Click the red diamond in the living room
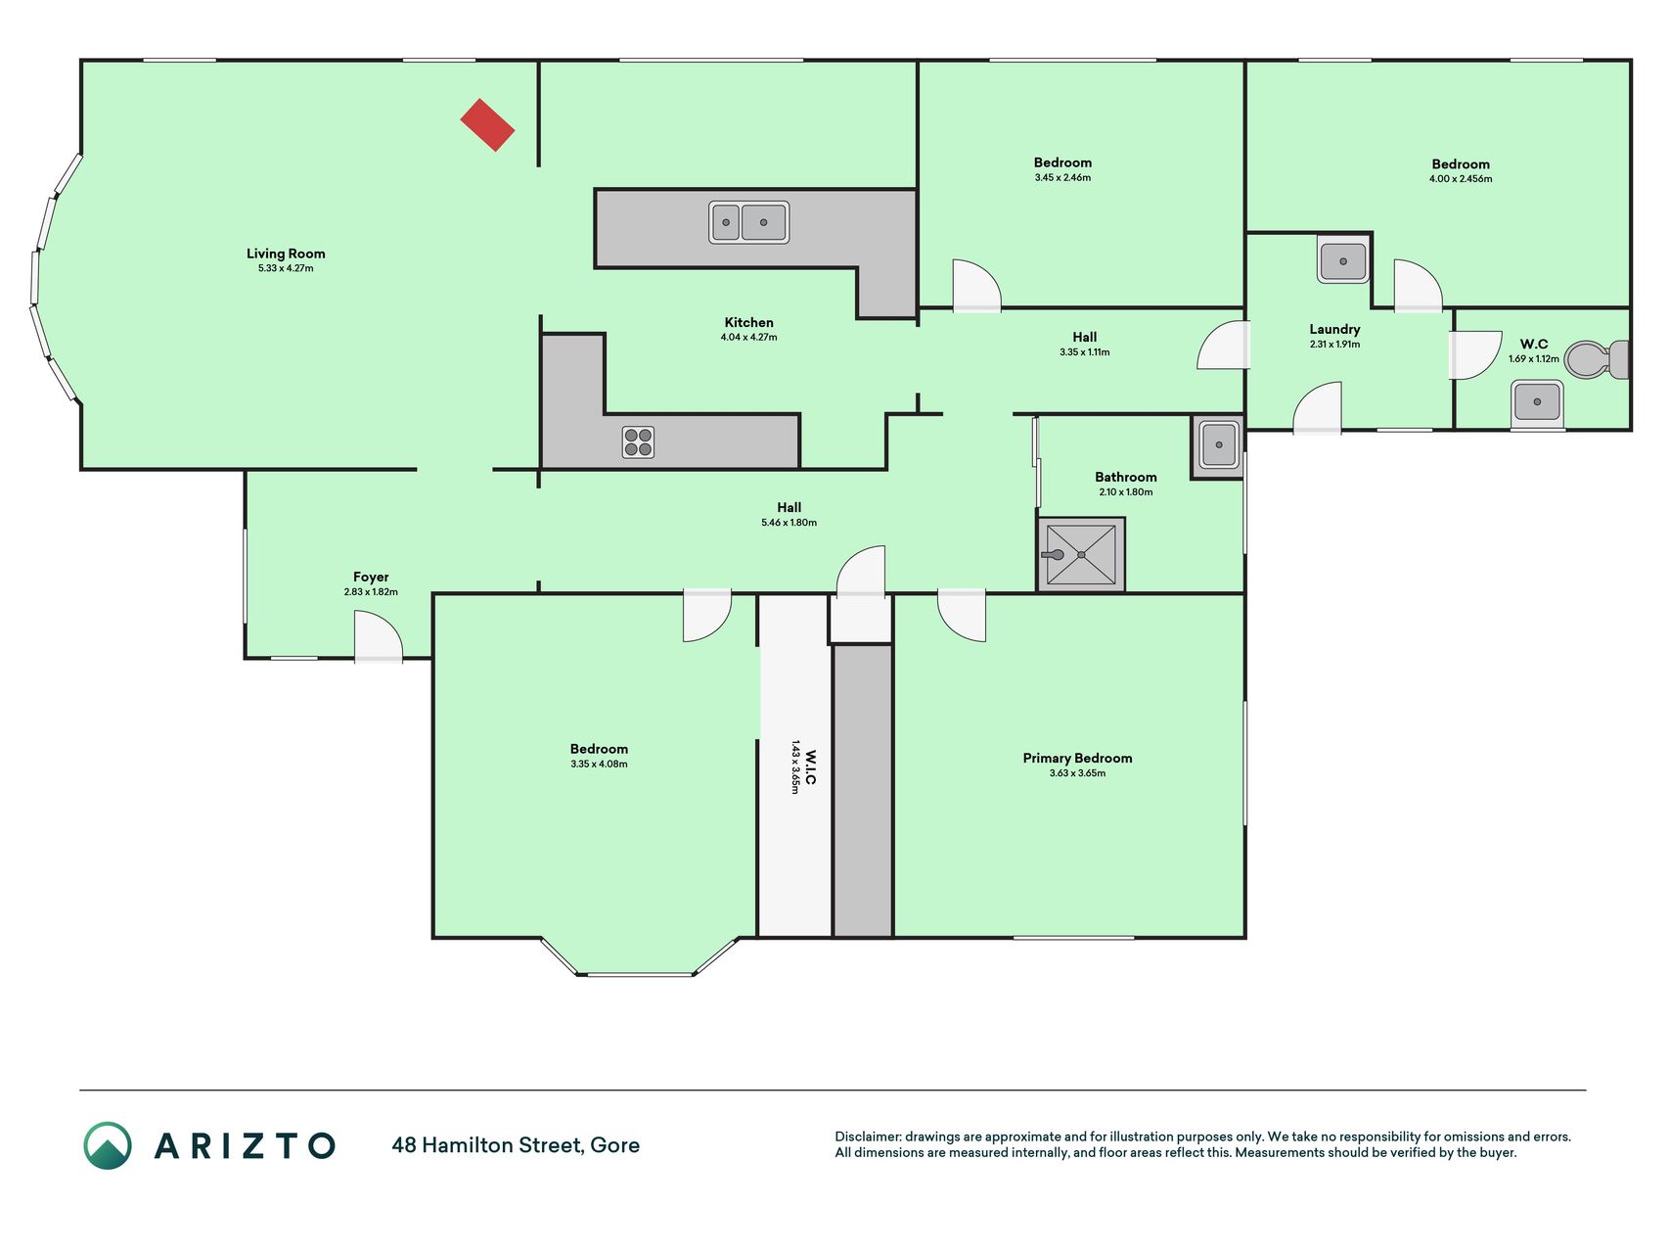pyautogui.click(x=488, y=125)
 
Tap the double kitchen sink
pyautogui.click(x=749, y=222)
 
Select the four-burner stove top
pyautogui.click(x=638, y=442)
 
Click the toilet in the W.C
pyautogui.click(x=1597, y=360)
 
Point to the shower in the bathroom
pyautogui.click(x=1081, y=555)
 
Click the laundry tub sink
pyautogui.click(x=1343, y=259)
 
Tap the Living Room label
pyautogui.click(x=286, y=254)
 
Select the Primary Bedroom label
pyautogui.click(x=1077, y=758)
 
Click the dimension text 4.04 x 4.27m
pyautogui.click(x=749, y=337)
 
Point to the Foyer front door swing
pyautogui.click(x=378, y=635)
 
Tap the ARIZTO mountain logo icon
pyautogui.click(x=108, y=1145)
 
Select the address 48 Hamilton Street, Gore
pyautogui.click(x=516, y=1144)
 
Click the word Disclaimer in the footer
pyautogui.click(x=867, y=1137)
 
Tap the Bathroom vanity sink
pyautogui.click(x=1218, y=445)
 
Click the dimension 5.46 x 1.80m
pyautogui.click(x=790, y=523)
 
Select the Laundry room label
pyautogui.click(x=1334, y=329)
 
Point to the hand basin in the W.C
pyautogui.click(x=1537, y=402)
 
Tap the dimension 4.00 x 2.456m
pyautogui.click(x=1461, y=179)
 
